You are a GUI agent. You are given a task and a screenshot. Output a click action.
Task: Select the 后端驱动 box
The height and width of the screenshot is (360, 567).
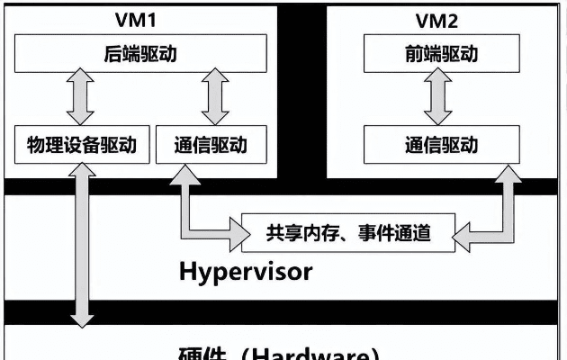tap(140, 53)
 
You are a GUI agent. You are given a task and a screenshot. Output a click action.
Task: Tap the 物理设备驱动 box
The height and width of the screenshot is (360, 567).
tap(81, 145)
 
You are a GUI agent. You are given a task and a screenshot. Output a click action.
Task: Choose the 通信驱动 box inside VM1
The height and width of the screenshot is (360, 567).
tap(212, 145)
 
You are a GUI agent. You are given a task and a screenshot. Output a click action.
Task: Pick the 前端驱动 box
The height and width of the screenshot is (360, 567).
tap(441, 53)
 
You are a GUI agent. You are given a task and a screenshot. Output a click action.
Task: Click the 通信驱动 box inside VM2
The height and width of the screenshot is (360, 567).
tap(441, 145)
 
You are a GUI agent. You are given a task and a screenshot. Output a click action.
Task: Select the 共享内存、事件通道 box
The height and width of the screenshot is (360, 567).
tap(348, 233)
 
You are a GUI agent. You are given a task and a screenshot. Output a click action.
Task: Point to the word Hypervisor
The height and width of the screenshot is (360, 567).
tap(245, 270)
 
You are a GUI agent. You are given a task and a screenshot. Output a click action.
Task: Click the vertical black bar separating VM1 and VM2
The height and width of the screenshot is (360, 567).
tap(301, 90)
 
